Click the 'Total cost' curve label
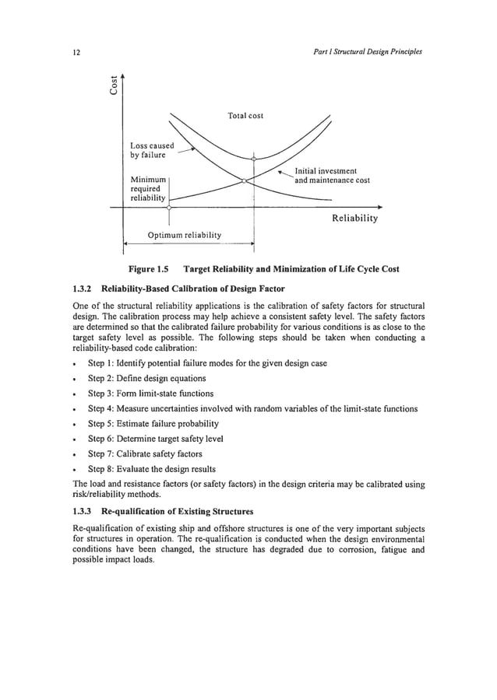245,116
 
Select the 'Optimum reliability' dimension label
185,234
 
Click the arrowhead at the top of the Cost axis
122,75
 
